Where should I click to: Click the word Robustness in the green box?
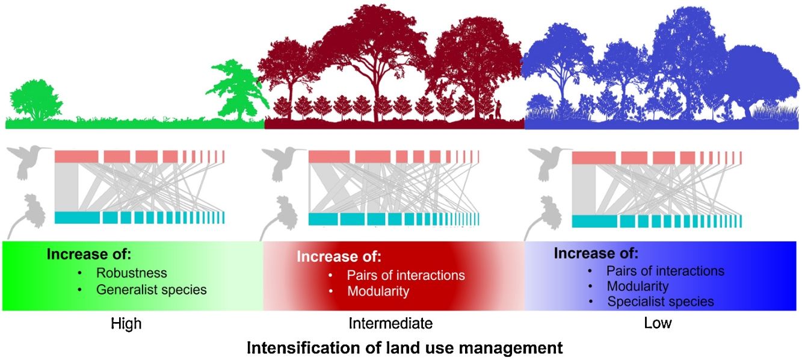pyautogui.click(x=131, y=273)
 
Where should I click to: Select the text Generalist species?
pyautogui.click(x=151, y=290)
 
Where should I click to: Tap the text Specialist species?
pyautogui.click(x=661, y=302)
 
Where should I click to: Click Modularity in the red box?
pyautogui.click(x=378, y=291)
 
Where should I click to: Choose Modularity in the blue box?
pyautogui.click(x=638, y=287)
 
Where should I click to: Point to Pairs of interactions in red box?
pyautogui.click(x=406, y=275)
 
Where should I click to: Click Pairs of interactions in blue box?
pyautogui.click(x=665, y=271)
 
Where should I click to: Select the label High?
pyautogui.click(x=126, y=324)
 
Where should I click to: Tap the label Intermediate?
pyautogui.click(x=390, y=324)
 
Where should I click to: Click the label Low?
pyautogui.click(x=658, y=324)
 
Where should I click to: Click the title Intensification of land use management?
pyautogui.click(x=404, y=348)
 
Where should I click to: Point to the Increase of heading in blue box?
pyautogui.click(x=596, y=253)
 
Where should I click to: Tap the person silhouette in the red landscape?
pyautogui.click(x=498, y=109)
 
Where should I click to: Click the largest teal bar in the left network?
pyautogui.click(x=77, y=217)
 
